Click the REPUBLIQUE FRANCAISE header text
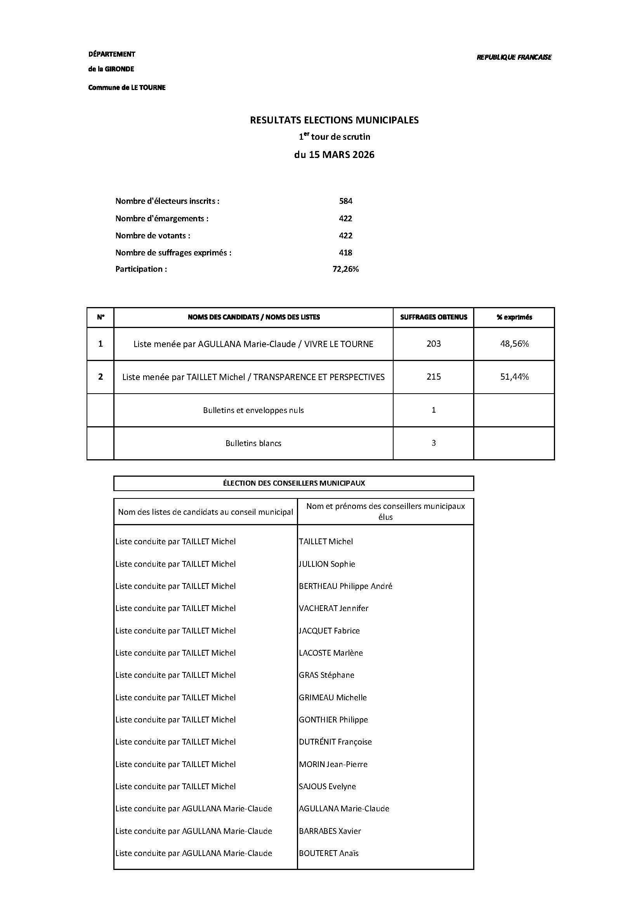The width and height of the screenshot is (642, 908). [x=514, y=57]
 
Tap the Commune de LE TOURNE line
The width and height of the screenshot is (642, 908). [x=127, y=88]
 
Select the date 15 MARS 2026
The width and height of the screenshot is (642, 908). [x=334, y=155]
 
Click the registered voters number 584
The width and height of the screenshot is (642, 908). [x=345, y=201]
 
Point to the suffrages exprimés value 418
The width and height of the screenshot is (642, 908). [x=345, y=252]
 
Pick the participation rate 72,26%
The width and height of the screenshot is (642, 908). [x=345, y=269]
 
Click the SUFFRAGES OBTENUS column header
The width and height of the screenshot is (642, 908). [x=433, y=317]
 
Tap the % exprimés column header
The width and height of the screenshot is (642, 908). [x=514, y=317]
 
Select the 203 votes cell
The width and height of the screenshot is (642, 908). [x=433, y=344]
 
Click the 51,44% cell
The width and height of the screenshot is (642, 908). [x=514, y=377]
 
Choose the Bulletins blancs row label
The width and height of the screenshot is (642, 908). [x=253, y=443]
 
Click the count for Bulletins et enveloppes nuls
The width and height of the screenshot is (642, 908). [x=433, y=410]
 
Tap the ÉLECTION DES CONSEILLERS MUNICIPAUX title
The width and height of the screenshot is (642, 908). [x=293, y=483]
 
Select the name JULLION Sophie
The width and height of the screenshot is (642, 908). [x=327, y=564]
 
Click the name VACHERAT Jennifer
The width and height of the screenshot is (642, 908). [x=333, y=608]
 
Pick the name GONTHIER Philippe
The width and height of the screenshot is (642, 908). [x=333, y=720]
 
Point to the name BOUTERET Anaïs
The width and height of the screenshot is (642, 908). [x=328, y=853]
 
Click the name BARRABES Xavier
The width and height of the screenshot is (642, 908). [x=330, y=831]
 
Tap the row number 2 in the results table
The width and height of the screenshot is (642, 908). [x=101, y=377]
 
